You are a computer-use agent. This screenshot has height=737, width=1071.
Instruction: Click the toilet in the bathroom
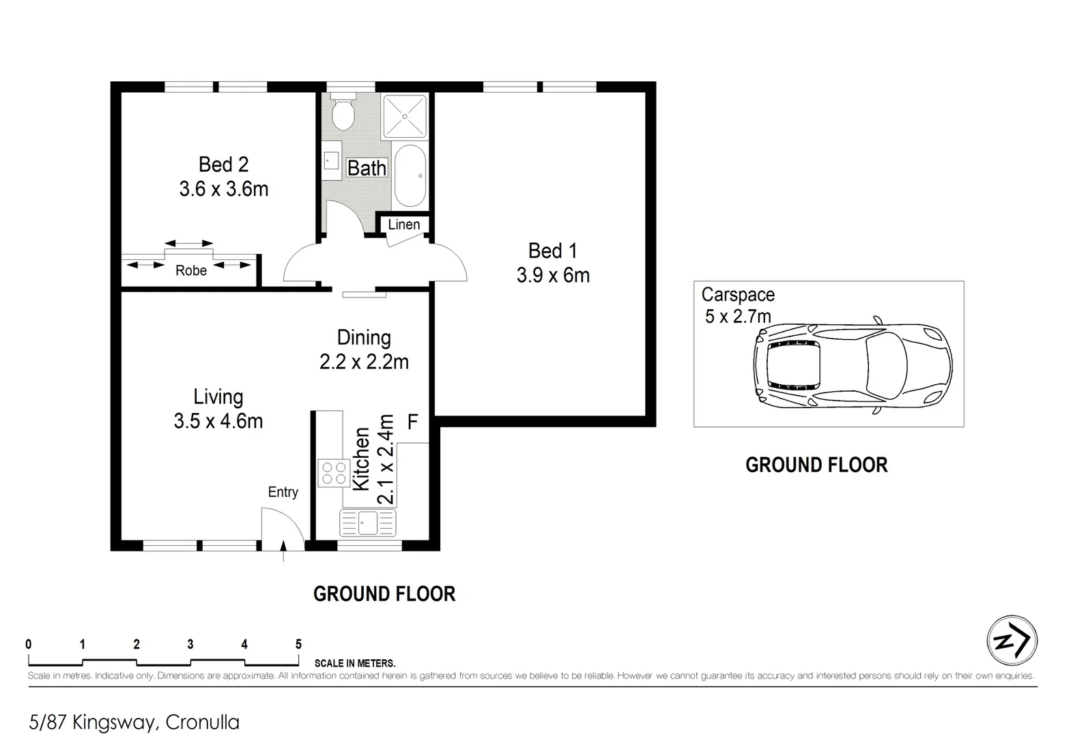tap(343, 112)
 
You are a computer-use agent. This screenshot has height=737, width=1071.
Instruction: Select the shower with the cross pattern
tap(405, 116)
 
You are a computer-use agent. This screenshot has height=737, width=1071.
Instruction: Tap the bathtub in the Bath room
tap(410, 175)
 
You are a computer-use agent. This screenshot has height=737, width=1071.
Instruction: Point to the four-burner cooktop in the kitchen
tap(334, 473)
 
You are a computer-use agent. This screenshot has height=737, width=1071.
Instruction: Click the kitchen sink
tap(368, 523)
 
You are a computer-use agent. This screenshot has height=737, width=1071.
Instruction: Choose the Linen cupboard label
tap(404, 225)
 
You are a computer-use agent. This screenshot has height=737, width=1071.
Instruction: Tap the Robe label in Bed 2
tap(190, 270)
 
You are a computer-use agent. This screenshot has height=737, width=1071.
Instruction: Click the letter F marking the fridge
tap(412, 422)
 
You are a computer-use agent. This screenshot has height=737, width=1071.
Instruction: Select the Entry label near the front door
tap(283, 492)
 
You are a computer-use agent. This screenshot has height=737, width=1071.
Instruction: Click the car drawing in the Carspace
tap(853, 366)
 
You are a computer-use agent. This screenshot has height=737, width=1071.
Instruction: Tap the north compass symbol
tap(1012, 641)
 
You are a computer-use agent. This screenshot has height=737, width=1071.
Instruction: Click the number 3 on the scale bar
tap(190, 644)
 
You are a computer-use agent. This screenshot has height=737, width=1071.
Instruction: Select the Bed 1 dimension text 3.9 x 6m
tap(553, 275)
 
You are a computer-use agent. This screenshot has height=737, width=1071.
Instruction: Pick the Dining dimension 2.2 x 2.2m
tap(364, 362)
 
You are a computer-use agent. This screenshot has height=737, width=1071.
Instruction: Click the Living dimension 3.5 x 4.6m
tap(218, 421)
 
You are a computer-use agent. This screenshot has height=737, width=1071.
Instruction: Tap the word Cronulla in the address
tap(202, 722)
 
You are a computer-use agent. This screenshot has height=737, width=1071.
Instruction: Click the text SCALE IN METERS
tap(355, 663)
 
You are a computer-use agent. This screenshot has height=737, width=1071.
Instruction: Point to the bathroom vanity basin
tap(331, 160)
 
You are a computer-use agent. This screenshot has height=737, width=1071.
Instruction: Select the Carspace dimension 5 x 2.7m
tap(738, 317)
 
